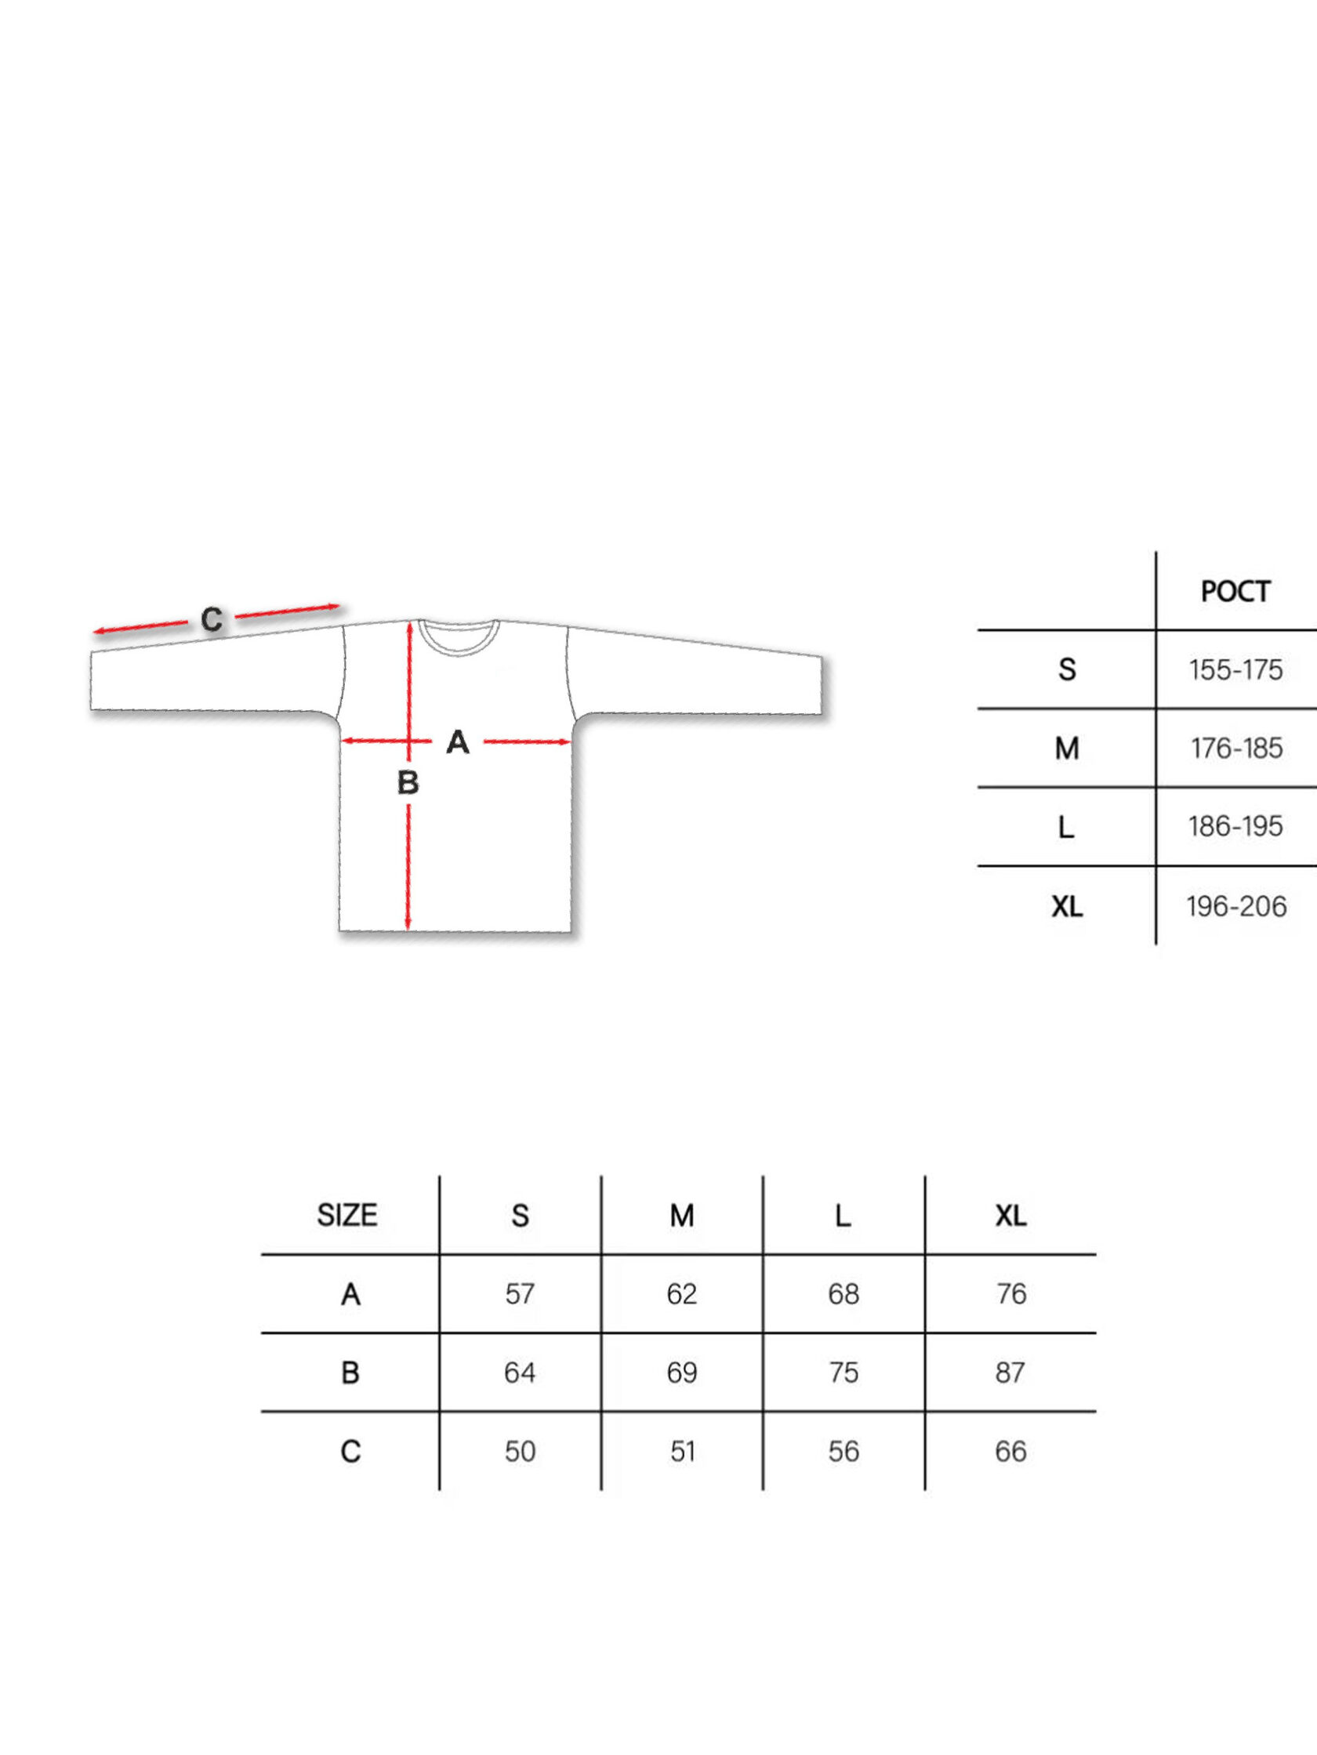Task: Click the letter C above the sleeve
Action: (212, 620)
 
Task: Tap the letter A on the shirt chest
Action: (458, 742)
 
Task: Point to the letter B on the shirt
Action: (408, 783)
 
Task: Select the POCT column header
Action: (1235, 592)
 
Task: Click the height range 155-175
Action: (1235, 670)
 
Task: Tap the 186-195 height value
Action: (1235, 827)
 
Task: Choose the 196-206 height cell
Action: (1236, 906)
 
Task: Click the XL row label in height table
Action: (1067, 906)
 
